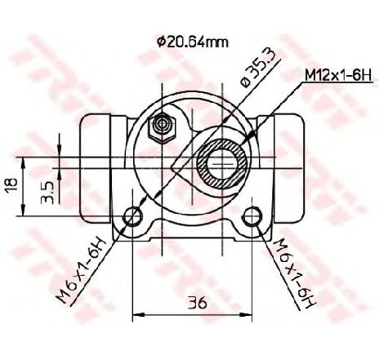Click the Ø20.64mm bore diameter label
(x=193, y=42)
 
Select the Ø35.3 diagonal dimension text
(x=260, y=69)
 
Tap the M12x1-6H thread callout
(x=338, y=75)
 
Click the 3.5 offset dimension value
(x=47, y=193)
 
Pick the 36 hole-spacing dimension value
(x=198, y=302)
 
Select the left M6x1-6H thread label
(x=81, y=271)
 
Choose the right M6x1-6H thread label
(x=296, y=273)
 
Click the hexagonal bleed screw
(x=162, y=127)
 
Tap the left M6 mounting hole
(x=133, y=216)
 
